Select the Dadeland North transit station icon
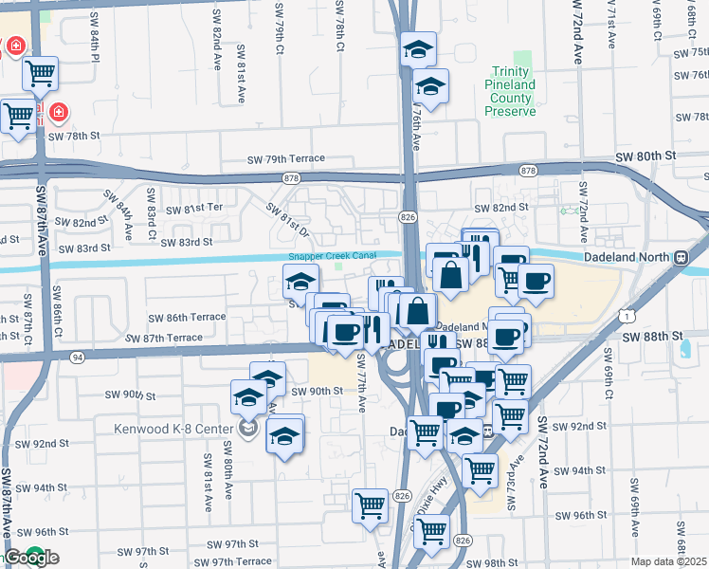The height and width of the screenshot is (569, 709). (x=681, y=257)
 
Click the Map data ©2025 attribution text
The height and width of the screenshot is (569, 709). (x=669, y=561)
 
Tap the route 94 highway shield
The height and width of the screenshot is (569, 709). (x=77, y=357)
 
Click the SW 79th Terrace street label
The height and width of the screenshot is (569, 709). (x=286, y=158)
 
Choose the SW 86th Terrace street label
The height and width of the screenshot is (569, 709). (x=187, y=317)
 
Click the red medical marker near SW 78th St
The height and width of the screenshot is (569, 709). (x=59, y=114)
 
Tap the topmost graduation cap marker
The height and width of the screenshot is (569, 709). (x=418, y=49)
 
